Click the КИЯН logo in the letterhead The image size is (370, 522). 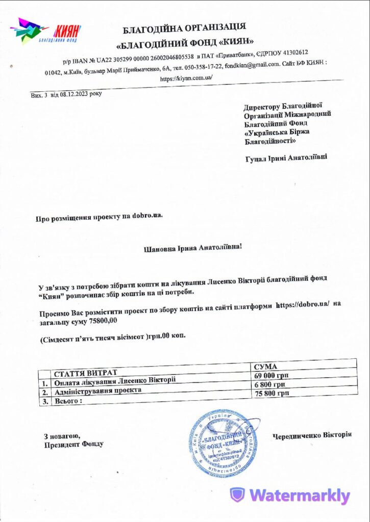pyautogui.click(x=46, y=31)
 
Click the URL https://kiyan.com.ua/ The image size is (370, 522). pyautogui.click(x=186, y=78)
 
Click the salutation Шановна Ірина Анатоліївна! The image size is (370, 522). pyautogui.click(x=194, y=248)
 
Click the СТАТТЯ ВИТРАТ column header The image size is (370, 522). pyautogui.click(x=86, y=372)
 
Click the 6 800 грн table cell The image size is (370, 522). pyautogui.click(x=269, y=384)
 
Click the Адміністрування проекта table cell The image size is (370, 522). pyautogui.click(x=97, y=391)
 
